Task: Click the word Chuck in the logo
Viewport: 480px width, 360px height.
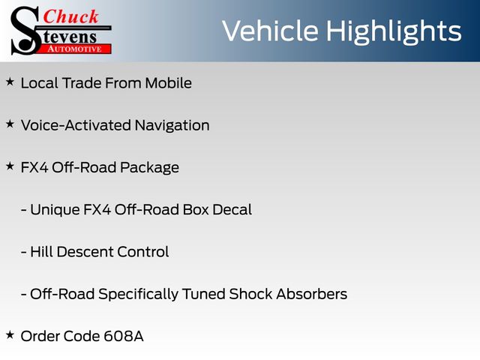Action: coord(70,16)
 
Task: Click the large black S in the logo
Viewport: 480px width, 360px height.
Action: coord(25,31)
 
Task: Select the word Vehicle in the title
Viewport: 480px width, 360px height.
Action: coord(270,31)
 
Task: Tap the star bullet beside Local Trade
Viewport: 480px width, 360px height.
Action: coord(10,82)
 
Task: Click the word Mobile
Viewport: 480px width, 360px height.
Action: coord(168,83)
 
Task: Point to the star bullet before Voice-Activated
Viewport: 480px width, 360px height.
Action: coord(10,124)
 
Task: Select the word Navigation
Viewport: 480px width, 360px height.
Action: coord(172,126)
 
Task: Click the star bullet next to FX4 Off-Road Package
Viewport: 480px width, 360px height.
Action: coord(10,166)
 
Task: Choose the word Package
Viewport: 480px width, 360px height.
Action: coord(149,168)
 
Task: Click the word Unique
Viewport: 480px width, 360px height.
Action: coord(55,210)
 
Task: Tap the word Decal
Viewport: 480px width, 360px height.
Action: coord(232,210)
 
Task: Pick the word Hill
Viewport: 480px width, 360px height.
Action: coord(42,252)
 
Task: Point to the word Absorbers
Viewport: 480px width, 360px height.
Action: coord(312,294)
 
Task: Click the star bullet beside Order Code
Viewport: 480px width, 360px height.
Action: coord(10,335)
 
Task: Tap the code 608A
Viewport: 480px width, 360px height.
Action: coord(124,337)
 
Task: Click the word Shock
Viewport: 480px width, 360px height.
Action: coord(250,294)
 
